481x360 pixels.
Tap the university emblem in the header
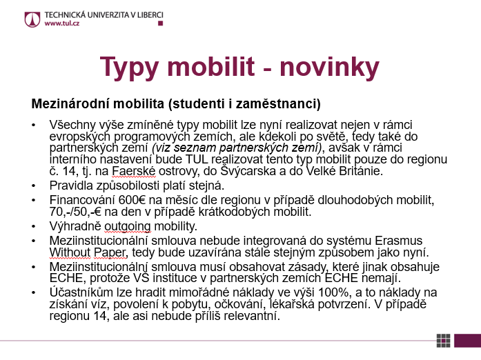[32, 18]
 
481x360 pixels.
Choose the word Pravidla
[71, 186]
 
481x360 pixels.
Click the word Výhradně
[74, 226]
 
